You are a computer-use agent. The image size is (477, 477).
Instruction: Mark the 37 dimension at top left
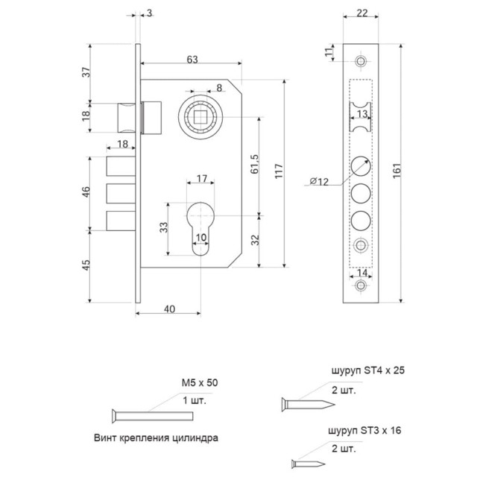point(86,72)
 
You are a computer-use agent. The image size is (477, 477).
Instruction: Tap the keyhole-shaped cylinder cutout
point(201,227)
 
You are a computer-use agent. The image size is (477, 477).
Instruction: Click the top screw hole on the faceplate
point(361,61)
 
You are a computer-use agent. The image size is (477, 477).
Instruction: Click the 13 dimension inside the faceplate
point(361,113)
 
